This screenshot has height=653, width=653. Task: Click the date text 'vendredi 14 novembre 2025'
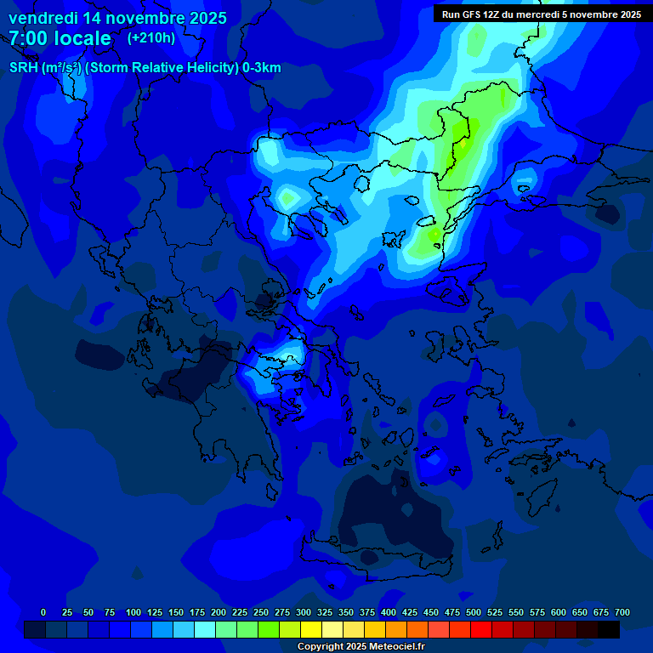[117, 18]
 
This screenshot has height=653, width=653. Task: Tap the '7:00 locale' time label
[60, 38]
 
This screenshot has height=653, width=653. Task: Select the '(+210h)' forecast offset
[151, 37]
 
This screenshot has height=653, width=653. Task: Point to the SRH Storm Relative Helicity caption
[145, 68]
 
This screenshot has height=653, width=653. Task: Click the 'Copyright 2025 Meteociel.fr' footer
[361, 646]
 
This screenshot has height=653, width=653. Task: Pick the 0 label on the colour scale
[43, 612]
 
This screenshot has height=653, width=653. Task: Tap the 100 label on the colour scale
[133, 612]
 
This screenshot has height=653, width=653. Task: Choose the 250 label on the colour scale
[260, 612]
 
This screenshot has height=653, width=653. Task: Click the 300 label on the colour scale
[303, 612]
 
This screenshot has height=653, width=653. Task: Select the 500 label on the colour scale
[473, 612]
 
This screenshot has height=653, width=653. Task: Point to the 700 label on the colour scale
[622, 612]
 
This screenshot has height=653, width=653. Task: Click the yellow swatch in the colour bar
[311, 629]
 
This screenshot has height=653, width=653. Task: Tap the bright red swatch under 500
[481, 629]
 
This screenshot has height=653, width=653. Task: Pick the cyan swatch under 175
[205, 629]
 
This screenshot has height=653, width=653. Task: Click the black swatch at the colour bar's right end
[609, 629]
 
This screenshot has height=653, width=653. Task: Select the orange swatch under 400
[396, 629]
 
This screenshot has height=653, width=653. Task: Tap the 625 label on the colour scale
[579, 612]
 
